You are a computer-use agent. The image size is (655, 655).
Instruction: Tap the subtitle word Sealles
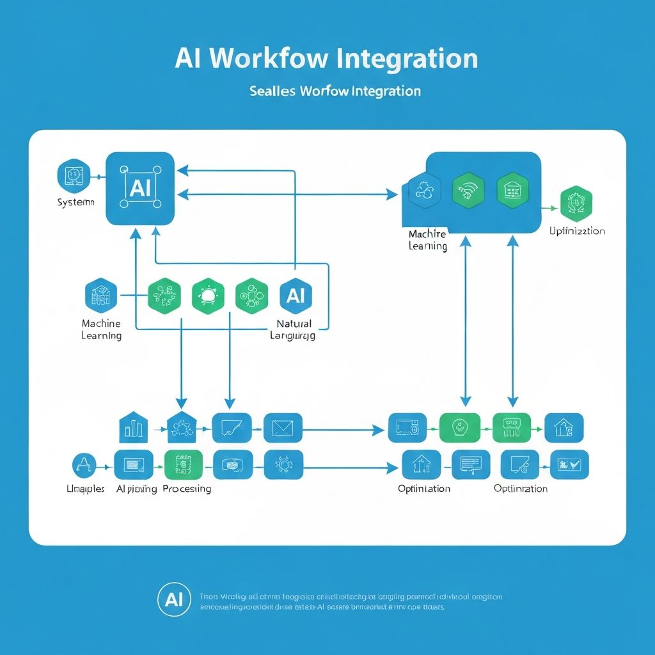[272, 91]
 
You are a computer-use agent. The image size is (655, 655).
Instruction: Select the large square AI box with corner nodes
[140, 188]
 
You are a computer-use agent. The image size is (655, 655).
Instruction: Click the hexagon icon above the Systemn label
[71, 175]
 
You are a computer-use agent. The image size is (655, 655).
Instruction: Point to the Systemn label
[75, 202]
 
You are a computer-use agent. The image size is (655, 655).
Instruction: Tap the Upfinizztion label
[577, 231]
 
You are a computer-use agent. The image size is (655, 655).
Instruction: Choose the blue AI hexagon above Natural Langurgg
[296, 296]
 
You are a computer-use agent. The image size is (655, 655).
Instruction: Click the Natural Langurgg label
[294, 329]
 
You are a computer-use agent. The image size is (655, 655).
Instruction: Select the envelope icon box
[283, 428]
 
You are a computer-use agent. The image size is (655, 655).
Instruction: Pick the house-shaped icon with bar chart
[133, 427]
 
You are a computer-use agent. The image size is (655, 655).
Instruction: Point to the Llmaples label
[86, 489]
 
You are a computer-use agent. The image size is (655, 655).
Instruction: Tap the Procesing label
[187, 489]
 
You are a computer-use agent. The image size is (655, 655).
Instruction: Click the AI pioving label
[137, 489]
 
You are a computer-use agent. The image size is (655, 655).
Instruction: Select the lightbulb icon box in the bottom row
[283, 464]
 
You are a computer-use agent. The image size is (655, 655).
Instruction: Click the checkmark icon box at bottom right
[569, 464]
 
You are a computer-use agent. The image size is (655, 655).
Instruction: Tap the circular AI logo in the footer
[173, 599]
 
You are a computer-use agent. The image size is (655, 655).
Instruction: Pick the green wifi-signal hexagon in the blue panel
[468, 191]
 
